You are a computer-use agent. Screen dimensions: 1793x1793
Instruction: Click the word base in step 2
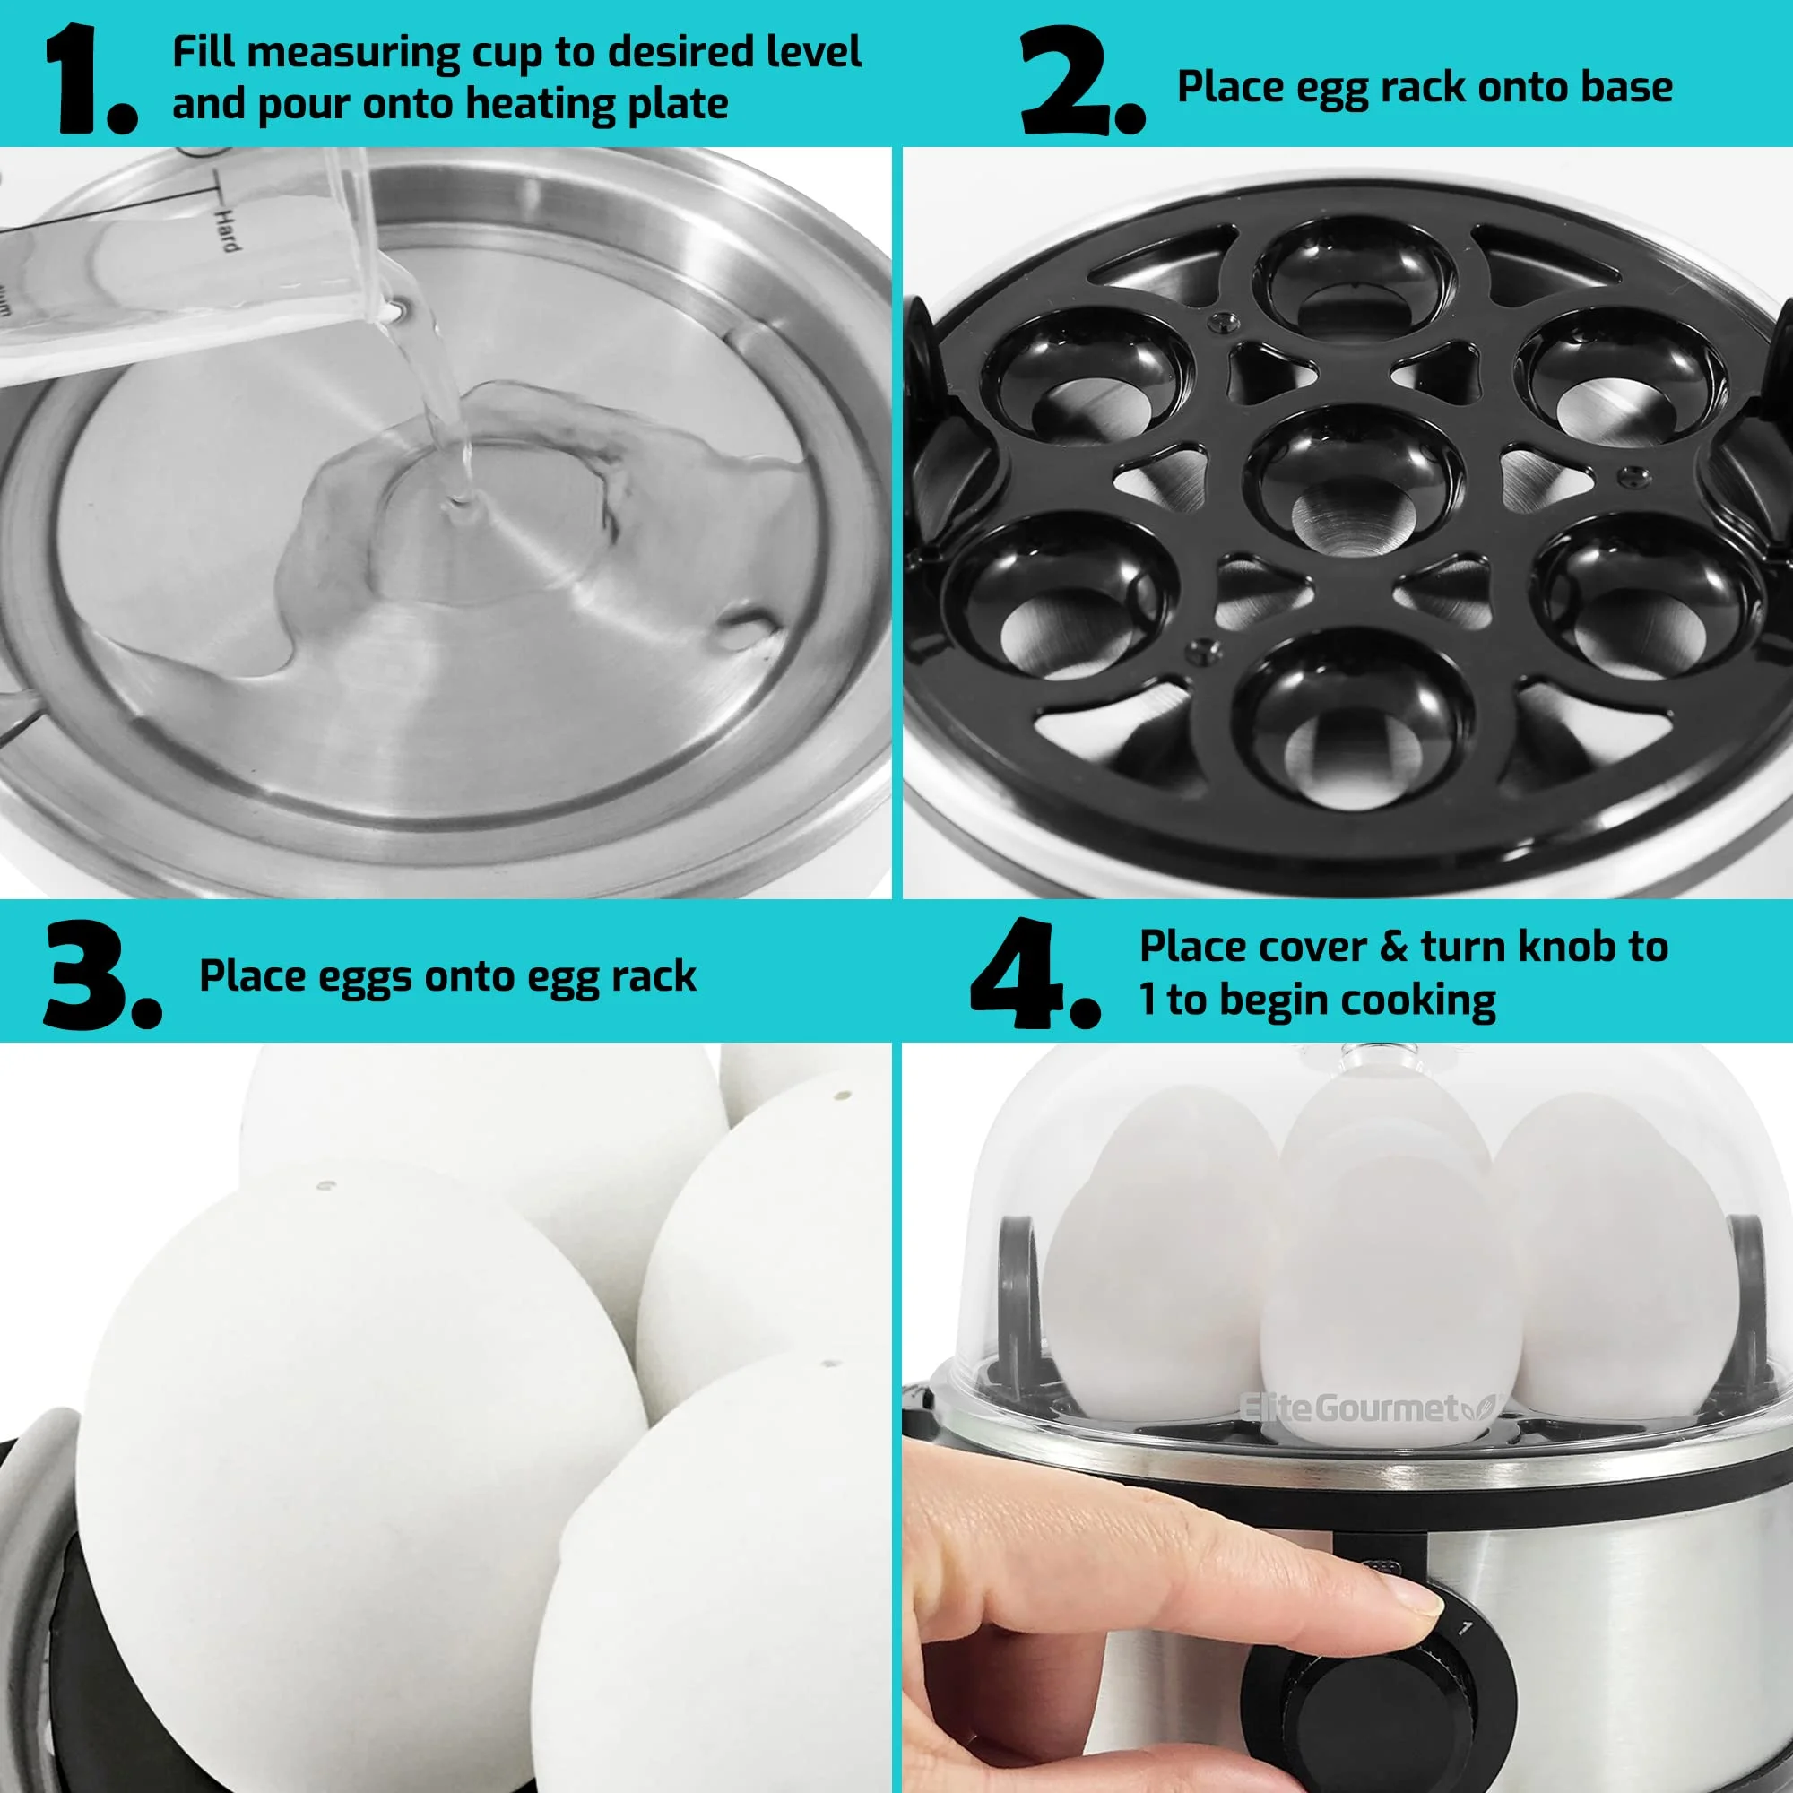pyautogui.click(x=1628, y=86)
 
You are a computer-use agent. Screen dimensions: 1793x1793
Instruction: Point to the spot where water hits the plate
pyautogui.click(x=458, y=506)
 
